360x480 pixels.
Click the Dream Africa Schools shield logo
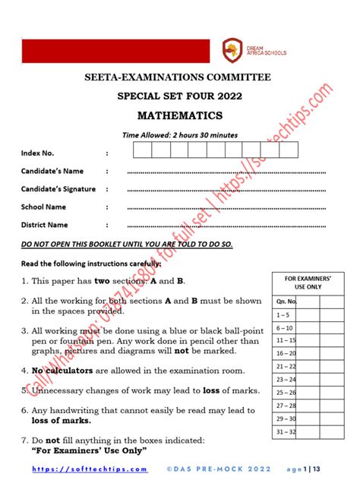tap(232, 50)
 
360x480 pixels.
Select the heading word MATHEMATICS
tap(179, 115)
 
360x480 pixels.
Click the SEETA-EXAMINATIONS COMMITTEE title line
tap(179, 77)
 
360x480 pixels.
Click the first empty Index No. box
tap(143, 150)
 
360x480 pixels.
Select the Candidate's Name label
tap(52, 171)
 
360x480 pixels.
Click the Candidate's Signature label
tap(58, 188)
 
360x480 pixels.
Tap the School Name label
tap(43, 207)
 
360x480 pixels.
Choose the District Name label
tap(45, 225)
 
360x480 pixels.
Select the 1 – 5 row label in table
tap(284, 314)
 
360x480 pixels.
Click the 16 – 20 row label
tap(286, 353)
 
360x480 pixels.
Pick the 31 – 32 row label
tap(286, 431)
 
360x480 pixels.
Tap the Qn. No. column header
tap(286, 301)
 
